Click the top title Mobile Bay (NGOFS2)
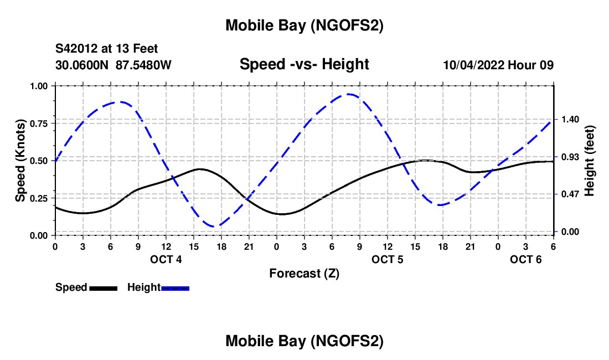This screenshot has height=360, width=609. click(x=304, y=26)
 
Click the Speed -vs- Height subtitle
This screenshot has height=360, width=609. click(x=304, y=64)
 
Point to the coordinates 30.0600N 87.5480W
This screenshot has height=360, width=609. click(x=113, y=65)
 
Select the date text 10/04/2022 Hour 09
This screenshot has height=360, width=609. click(x=498, y=65)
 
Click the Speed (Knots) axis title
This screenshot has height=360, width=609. click(x=20, y=160)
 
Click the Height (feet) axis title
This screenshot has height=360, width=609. click(x=589, y=161)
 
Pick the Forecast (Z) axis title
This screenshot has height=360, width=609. click(x=304, y=273)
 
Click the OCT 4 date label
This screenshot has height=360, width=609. click(x=166, y=260)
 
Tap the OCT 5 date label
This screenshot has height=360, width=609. click(x=388, y=260)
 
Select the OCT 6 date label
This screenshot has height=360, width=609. click(x=526, y=260)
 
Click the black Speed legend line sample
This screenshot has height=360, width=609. click(x=103, y=287)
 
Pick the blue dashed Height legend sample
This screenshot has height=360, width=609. click(x=176, y=287)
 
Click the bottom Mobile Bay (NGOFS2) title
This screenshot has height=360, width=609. click(x=304, y=342)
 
